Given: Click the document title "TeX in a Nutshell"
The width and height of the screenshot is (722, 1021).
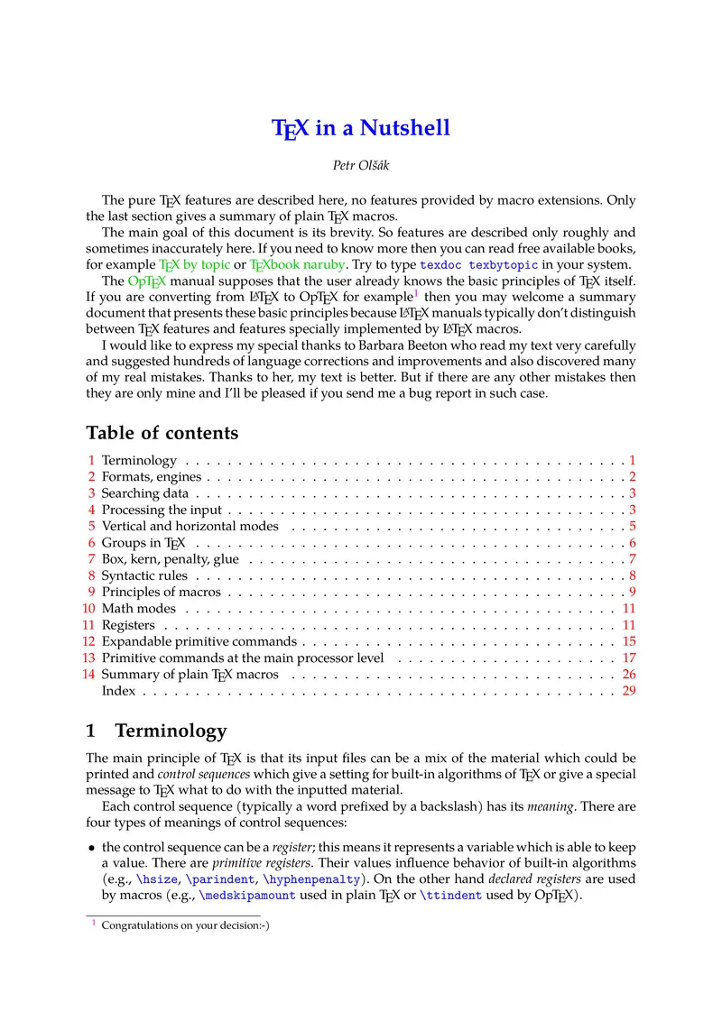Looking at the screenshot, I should point(361,128).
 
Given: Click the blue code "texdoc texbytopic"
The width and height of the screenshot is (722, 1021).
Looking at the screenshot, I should point(479,265).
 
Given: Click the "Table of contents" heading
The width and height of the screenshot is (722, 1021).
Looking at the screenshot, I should point(162,433).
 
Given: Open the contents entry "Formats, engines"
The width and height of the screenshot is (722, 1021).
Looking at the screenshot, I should point(152,477).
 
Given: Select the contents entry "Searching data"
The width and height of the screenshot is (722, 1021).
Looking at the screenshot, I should point(144,493).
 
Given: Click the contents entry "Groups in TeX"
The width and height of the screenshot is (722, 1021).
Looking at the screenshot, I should point(143,543).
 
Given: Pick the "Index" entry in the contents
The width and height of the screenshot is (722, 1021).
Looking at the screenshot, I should point(118,691).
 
